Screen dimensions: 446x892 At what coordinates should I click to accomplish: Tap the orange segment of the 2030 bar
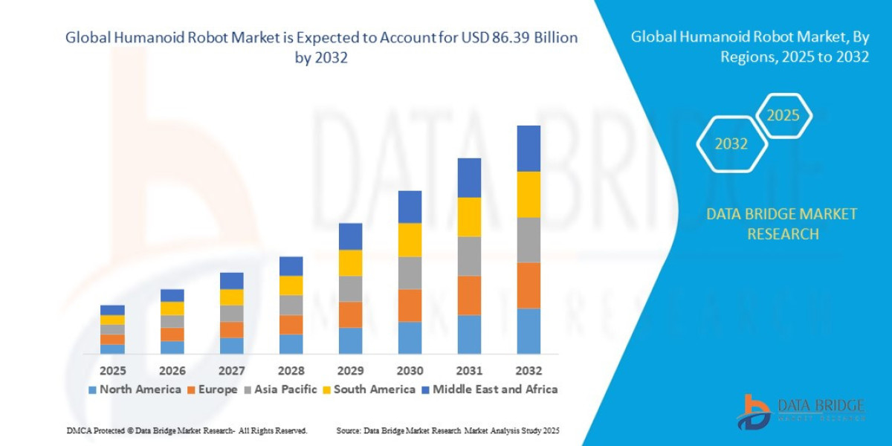[410, 305]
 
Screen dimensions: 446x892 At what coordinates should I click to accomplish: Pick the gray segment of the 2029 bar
[350, 288]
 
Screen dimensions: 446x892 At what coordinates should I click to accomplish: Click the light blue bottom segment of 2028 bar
[291, 343]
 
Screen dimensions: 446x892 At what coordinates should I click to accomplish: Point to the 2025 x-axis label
[112, 370]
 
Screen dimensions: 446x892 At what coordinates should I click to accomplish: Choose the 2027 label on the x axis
[231, 370]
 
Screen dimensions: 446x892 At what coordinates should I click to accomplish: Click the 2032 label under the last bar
[529, 370]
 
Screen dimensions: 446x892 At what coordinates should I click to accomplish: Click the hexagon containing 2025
[783, 116]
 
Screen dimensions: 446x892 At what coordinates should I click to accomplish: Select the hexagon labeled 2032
[731, 144]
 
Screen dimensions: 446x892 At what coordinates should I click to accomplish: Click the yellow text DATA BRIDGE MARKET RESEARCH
[781, 224]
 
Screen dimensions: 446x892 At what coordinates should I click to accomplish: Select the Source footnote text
[447, 430]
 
